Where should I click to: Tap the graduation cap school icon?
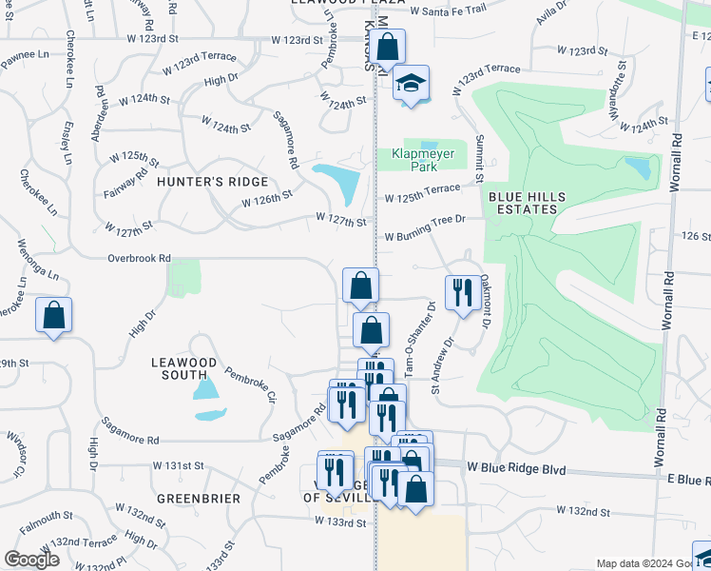(x=411, y=84)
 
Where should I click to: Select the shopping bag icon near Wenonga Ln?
(x=54, y=315)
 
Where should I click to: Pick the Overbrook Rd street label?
(x=139, y=258)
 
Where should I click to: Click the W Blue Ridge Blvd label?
(x=516, y=468)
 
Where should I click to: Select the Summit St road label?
(x=479, y=160)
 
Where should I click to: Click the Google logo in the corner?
(x=31, y=561)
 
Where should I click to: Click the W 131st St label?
(x=179, y=466)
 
